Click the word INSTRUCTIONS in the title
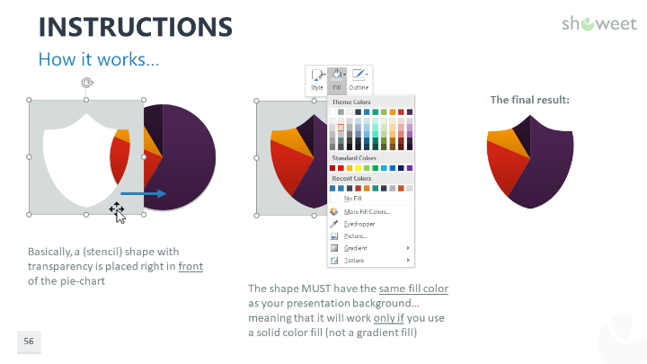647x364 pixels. [x=136, y=26]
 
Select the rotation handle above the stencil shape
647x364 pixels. [x=86, y=83]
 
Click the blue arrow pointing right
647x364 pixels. [x=143, y=193]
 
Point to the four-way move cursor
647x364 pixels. [x=117, y=210]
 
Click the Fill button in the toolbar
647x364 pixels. [x=337, y=79]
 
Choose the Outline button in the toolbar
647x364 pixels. [x=359, y=79]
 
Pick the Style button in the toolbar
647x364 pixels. [x=316, y=79]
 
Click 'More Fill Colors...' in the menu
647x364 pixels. [x=368, y=211]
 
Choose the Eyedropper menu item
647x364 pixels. [x=359, y=223]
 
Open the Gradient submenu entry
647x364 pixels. [x=356, y=248]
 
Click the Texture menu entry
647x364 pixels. [x=355, y=261]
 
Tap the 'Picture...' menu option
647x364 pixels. [x=355, y=235]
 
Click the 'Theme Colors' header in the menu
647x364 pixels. [x=351, y=102]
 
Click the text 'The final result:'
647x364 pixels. [x=529, y=100]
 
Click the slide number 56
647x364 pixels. [x=29, y=342]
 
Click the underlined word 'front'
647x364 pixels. [x=191, y=266]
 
